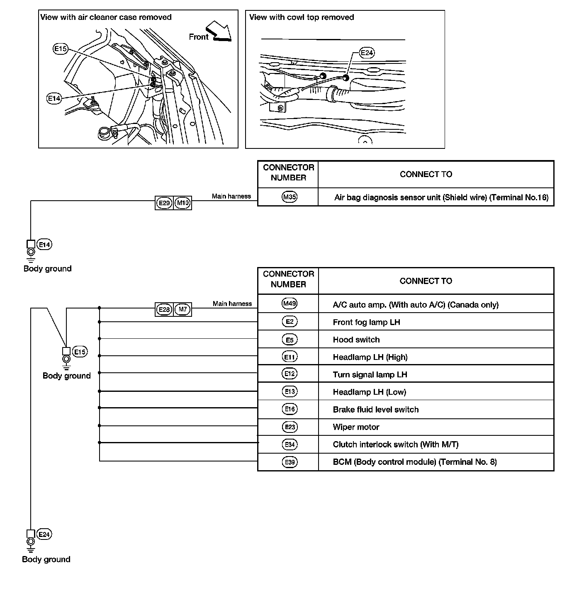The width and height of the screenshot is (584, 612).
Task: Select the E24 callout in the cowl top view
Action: (367, 53)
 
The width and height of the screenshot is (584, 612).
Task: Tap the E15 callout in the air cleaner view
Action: (60, 49)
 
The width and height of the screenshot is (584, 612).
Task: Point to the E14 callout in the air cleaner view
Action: (54, 98)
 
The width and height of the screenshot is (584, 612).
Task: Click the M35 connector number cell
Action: (289, 197)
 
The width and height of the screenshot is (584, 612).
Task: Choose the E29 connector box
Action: (164, 203)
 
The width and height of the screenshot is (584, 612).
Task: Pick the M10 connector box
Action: (182, 203)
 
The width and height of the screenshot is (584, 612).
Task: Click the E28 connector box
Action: (164, 310)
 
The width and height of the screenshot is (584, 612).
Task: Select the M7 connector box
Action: (182, 310)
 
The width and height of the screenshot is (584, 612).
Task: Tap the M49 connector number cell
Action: (289, 304)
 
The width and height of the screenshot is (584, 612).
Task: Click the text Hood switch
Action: (356, 340)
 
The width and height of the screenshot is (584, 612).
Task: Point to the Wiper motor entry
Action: (356, 427)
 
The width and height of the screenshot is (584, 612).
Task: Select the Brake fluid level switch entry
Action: (375, 410)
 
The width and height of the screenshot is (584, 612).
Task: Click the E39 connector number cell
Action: (289, 462)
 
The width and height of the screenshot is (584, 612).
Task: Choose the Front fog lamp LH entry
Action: (366, 322)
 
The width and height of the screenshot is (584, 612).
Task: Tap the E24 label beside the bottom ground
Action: (44, 534)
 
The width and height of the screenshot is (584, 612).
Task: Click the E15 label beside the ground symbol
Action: (80, 352)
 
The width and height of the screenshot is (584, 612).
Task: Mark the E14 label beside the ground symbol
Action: (44, 245)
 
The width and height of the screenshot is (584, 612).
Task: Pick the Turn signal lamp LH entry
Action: (370, 374)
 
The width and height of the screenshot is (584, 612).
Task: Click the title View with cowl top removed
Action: (302, 17)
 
